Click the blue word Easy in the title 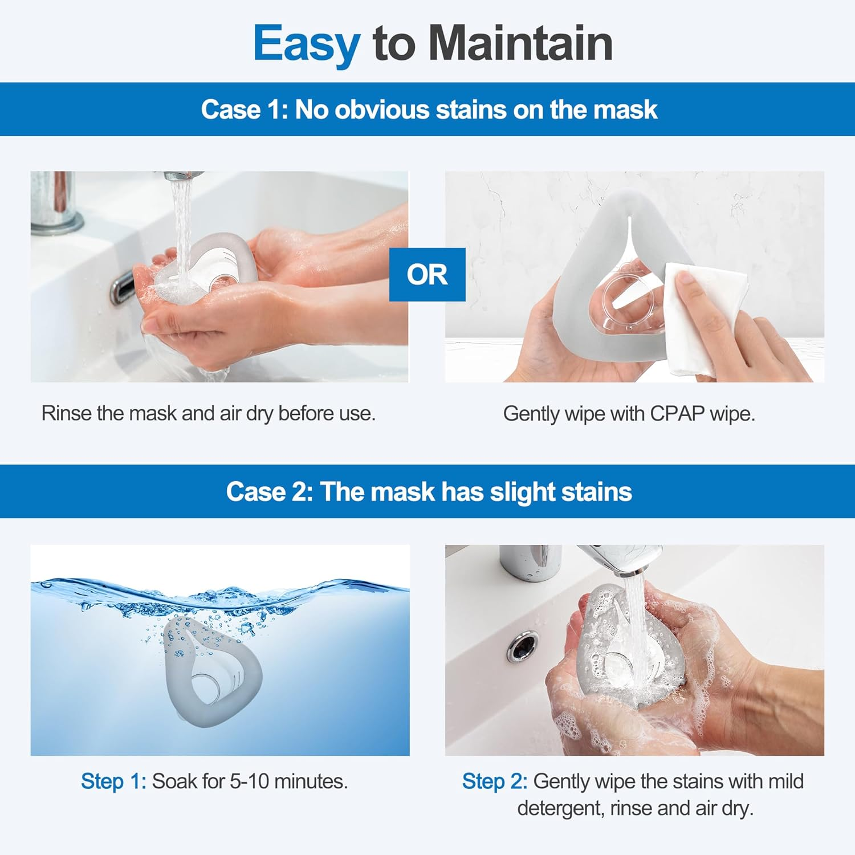tap(306, 44)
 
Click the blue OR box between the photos tap(427, 275)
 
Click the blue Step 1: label tap(113, 781)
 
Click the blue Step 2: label tap(494, 781)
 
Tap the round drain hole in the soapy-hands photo tap(523, 646)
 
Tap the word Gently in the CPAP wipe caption tap(531, 414)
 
